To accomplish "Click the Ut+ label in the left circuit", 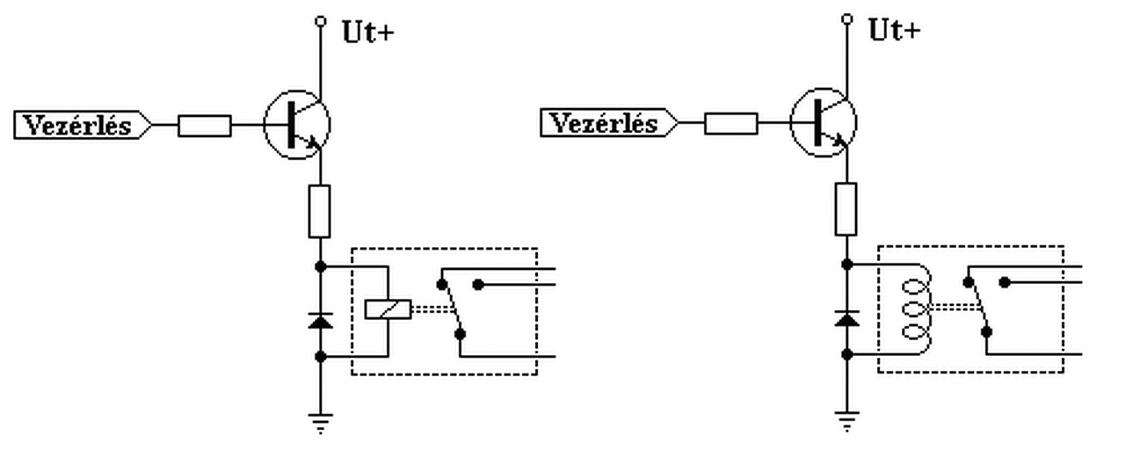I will pyautogui.click(x=367, y=33).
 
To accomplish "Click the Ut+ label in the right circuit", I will pyautogui.click(x=895, y=31).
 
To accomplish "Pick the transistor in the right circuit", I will pyautogui.click(x=824, y=124).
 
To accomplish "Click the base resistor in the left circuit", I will pyautogui.click(x=205, y=126).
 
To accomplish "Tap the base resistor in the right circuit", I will pyautogui.click(x=730, y=124).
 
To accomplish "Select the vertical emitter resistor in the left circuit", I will pyautogui.click(x=320, y=211).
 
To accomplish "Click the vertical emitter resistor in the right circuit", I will pyautogui.click(x=846, y=209).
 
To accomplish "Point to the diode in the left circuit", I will pyautogui.click(x=320, y=321).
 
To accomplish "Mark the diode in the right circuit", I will pyautogui.click(x=846, y=318).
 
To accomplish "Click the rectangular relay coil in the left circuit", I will pyautogui.click(x=388, y=308).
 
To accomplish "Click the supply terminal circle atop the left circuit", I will pyautogui.click(x=320, y=19).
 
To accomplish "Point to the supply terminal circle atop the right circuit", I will pyautogui.click(x=846, y=18).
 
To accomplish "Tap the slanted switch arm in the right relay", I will pyautogui.click(x=977, y=307).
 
